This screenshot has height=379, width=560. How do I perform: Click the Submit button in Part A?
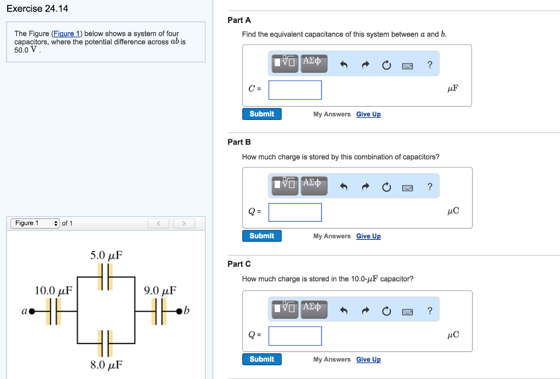261,114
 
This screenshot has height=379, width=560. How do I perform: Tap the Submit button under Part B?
261,236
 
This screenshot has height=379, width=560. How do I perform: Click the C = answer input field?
295,90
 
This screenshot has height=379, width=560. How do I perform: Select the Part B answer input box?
295,213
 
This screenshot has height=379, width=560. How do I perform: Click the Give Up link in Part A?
368,114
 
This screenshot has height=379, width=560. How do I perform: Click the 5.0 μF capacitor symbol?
106,277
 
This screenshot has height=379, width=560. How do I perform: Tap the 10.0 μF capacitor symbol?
53,312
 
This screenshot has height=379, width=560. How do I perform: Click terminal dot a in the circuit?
32,312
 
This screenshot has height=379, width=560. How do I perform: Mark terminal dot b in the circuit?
179,312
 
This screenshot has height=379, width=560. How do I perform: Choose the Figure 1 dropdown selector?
36,223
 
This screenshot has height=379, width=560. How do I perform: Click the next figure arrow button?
184,223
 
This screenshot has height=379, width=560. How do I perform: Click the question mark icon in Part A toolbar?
430,65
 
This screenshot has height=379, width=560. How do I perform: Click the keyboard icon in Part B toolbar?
407,188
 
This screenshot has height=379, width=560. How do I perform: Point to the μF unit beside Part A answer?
452,88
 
